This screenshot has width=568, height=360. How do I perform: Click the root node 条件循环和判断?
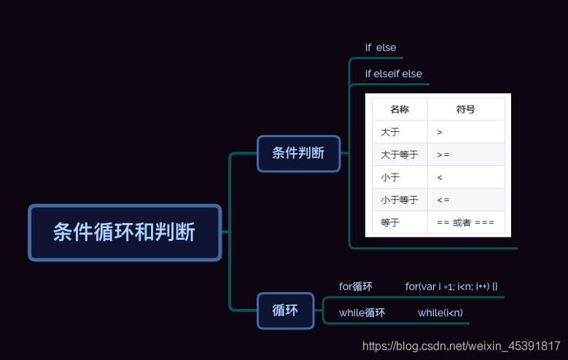pyautogui.click(x=124, y=232)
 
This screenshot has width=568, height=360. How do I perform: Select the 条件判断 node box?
pyautogui.click(x=298, y=153)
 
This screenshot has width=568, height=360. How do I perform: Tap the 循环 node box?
pyautogui.click(x=285, y=310)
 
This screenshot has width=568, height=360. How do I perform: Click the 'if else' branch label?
pyautogui.click(x=381, y=47)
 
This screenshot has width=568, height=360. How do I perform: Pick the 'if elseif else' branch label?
pyautogui.click(x=394, y=74)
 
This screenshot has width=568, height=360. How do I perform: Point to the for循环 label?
pyautogui.click(x=356, y=286)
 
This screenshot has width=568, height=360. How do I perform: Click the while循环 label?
pyautogui.click(x=362, y=313)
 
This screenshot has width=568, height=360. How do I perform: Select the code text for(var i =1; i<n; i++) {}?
pyautogui.click(x=451, y=286)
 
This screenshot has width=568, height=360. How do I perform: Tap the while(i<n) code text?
pyautogui.click(x=440, y=313)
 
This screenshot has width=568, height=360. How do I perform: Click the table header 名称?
pyautogui.click(x=399, y=109)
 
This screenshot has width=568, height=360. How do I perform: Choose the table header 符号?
pyautogui.click(x=465, y=109)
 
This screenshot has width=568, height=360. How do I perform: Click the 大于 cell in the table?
pyautogui.click(x=390, y=132)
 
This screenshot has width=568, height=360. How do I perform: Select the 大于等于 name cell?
pyautogui.click(x=399, y=154)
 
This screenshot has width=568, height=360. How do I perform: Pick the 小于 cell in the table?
pyautogui.click(x=390, y=177)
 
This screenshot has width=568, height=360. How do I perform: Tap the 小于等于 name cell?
pyautogui.click(x=399, y=200)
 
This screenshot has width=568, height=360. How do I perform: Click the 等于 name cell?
pyautogui.click(x=390, y=222)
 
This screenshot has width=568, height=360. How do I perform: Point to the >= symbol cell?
pyautogui.click(x=443, y=154)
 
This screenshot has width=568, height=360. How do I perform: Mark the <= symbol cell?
pyautogui.click(x=443, y=200)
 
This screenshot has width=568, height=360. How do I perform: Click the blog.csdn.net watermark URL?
pyautogui.click(x=461, y=346)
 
